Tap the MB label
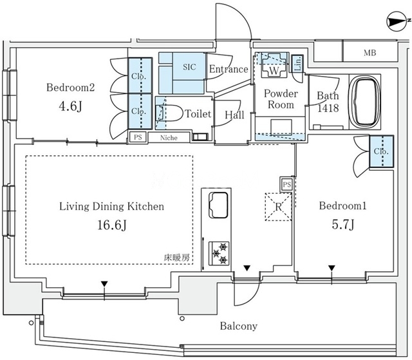[370, 53]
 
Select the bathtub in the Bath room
[364, 102]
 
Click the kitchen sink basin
[218, 205]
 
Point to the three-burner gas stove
[219, 253]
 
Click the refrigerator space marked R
[278, 207]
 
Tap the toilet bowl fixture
[169, 113]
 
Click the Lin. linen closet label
[297, 64]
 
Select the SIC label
[189, 67]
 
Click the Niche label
[169, 137]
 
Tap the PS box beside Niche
[138, 137]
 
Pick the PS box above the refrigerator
[287, 184]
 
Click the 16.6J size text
[112, 225]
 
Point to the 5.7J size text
[343, 224]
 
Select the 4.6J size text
[70, 106]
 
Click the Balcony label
[239, 326]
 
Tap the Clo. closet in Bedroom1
[381, 151]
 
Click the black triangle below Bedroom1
[332, 269]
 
